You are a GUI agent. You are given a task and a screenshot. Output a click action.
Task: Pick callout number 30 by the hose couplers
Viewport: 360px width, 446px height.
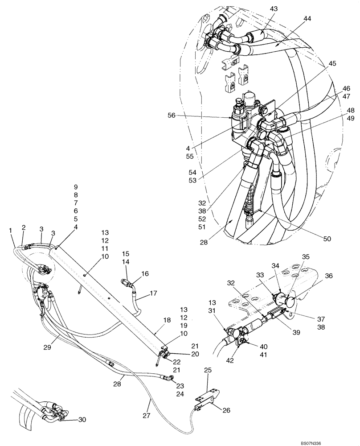click(x=82, y=419)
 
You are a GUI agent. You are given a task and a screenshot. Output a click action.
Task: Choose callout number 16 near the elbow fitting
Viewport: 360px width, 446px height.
click(x=145, y=274)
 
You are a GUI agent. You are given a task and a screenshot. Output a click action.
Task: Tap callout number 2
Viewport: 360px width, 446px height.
click(x=24, y=227)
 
